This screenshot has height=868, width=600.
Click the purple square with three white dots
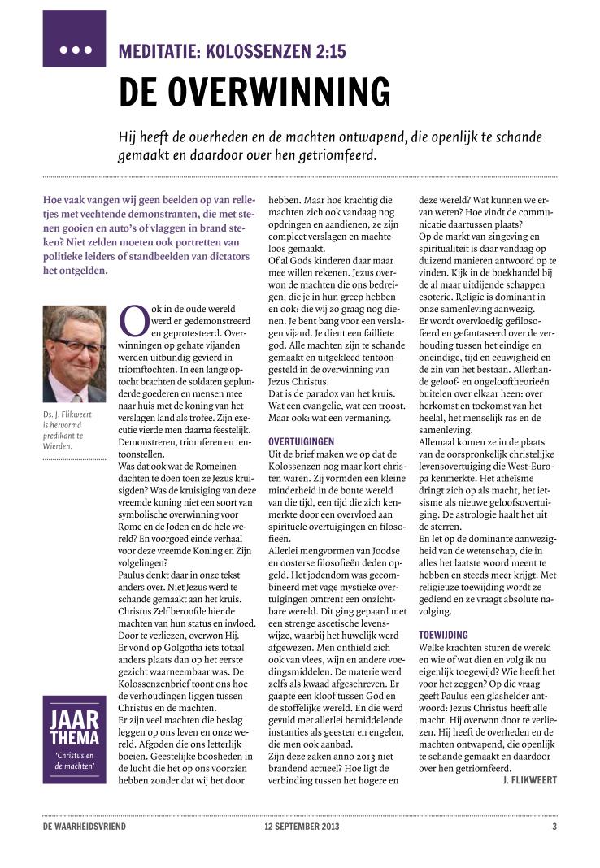tap(75, 39)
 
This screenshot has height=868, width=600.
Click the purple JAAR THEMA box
tap(75, 739)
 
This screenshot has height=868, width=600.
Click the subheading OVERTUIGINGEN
tap(301, 441)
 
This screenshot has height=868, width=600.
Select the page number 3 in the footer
tap(554, 827)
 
